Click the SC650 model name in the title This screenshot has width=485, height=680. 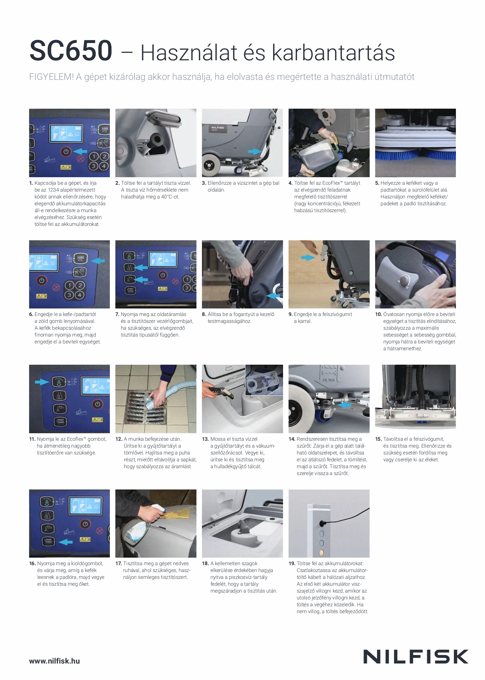pos(71,51)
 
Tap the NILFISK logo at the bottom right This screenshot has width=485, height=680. pos(416,656)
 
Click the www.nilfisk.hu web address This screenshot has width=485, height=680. pos(54,661)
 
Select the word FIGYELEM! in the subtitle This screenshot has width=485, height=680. pos(51,77)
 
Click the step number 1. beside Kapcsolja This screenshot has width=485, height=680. pos(31,183)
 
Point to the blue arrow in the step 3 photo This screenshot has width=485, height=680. pos(255,151)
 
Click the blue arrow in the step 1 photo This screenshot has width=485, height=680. pos(80,151)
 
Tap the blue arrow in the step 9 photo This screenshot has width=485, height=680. pos(308,257)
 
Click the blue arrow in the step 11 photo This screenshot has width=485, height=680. pos(42,381)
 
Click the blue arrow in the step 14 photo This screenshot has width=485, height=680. pos(344,405)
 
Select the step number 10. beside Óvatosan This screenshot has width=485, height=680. pos(379,314)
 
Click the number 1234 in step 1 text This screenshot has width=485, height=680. pos(53,190)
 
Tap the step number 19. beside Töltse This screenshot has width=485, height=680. pos(292,563)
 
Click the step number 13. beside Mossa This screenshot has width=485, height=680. pos(205,439)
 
